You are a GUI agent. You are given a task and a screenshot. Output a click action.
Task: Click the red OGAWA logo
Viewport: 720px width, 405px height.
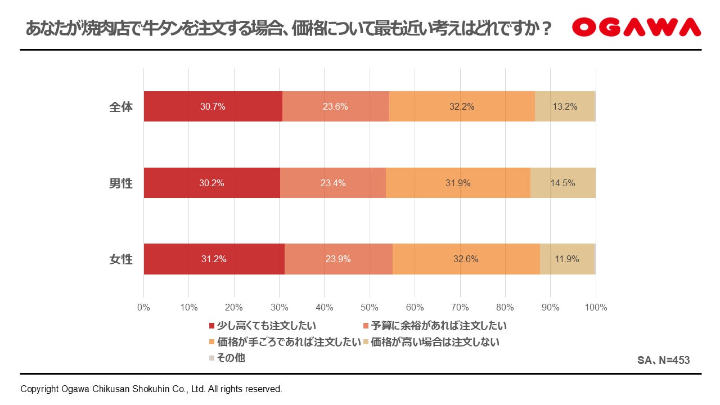[636, 27]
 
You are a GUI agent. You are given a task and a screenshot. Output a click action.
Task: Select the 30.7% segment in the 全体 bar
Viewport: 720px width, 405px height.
[213, 106]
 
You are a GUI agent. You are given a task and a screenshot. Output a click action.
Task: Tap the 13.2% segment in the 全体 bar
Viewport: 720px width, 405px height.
[565, 106]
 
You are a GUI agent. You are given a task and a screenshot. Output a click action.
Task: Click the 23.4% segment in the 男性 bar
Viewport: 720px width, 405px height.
[333, 183]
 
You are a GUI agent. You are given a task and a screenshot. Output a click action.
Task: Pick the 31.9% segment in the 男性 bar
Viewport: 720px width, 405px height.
[458, 183]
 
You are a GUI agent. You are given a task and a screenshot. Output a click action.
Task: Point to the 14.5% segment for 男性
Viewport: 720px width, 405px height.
[563, 183]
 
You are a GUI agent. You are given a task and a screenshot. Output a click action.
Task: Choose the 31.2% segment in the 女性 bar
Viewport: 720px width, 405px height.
[214, 259]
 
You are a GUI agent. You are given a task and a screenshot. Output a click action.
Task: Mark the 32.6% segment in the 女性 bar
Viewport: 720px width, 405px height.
[466, 259]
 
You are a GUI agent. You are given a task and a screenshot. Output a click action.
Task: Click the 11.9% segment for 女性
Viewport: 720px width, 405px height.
[568, 259]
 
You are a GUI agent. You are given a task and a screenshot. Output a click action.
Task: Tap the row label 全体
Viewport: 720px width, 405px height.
[121, 107]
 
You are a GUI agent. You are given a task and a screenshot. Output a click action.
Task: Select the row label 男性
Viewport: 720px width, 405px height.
[121, 183]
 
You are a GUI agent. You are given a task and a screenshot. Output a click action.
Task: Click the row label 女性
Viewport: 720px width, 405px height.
[121, 259]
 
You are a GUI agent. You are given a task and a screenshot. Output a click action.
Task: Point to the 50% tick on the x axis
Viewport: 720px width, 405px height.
[370, 308]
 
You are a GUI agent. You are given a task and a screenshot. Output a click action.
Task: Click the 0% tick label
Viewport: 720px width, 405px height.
[143, 308]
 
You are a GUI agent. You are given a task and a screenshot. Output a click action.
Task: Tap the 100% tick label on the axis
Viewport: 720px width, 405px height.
[596, 308]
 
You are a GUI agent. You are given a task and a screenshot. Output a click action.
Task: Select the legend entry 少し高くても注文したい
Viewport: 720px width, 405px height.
[263, 326]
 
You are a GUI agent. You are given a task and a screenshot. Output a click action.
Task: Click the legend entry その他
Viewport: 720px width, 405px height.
[227, 358]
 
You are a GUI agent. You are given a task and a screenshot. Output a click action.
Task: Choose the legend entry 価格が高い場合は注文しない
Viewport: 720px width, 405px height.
[431, 342]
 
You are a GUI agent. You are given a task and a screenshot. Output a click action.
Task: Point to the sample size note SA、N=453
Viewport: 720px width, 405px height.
[664, 361]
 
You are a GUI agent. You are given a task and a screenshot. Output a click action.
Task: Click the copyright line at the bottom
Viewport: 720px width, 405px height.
[151, 389]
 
